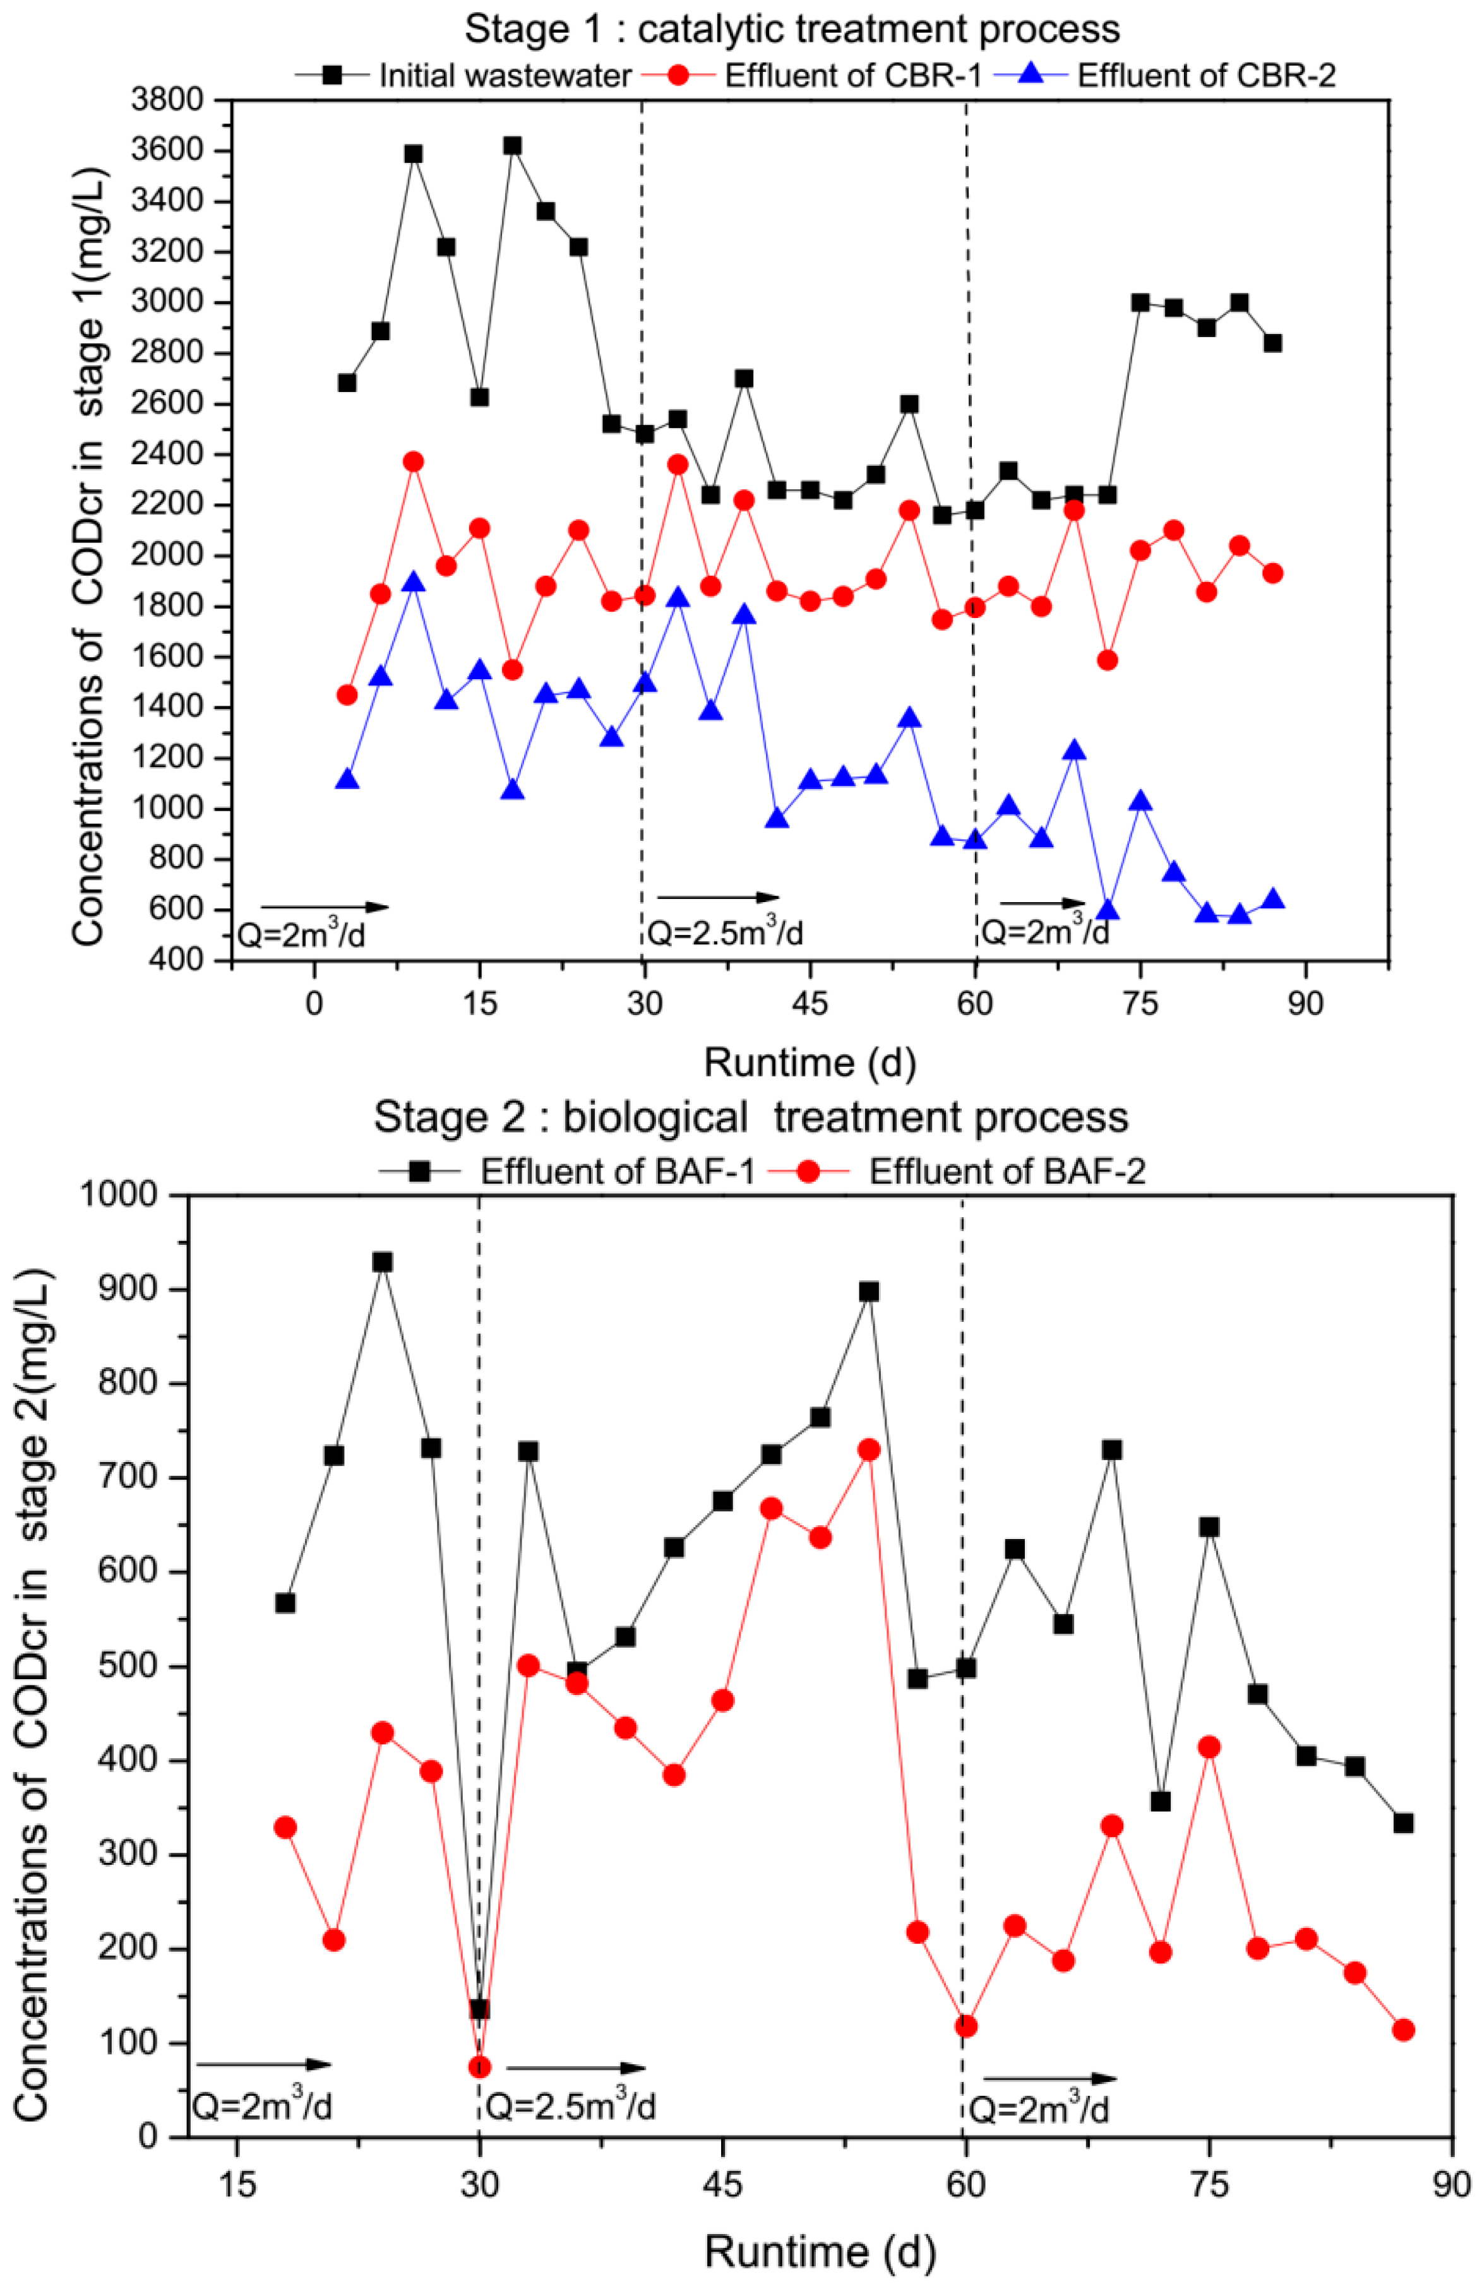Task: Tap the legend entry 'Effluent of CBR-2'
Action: [1205, 75]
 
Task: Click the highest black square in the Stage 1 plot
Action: [513, 145]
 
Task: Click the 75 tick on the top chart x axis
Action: [1140, 1003]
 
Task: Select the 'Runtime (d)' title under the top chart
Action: [810, 1063]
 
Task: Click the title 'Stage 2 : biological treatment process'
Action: [750, 1117]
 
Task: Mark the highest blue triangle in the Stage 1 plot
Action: [414, 582]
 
